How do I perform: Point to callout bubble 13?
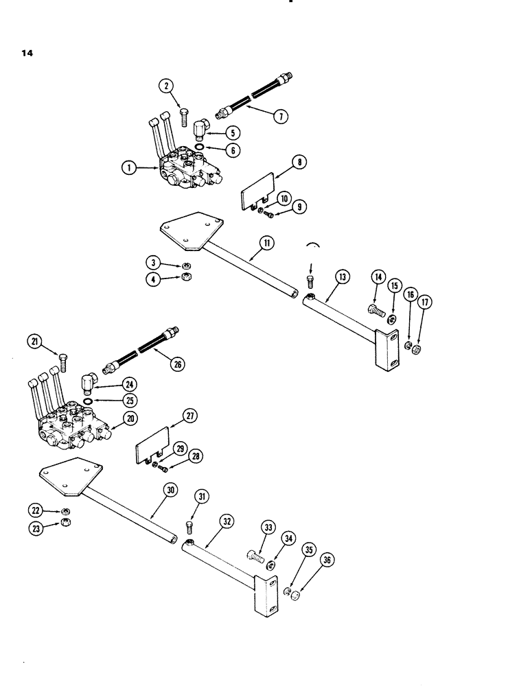(x=343, y=276)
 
